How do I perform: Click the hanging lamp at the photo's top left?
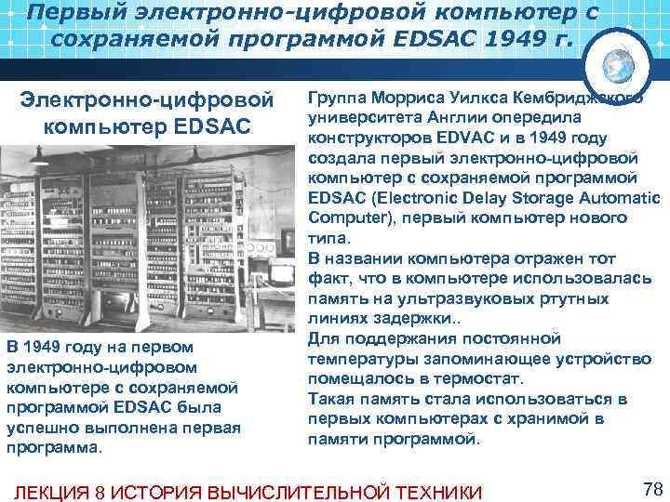39,160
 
